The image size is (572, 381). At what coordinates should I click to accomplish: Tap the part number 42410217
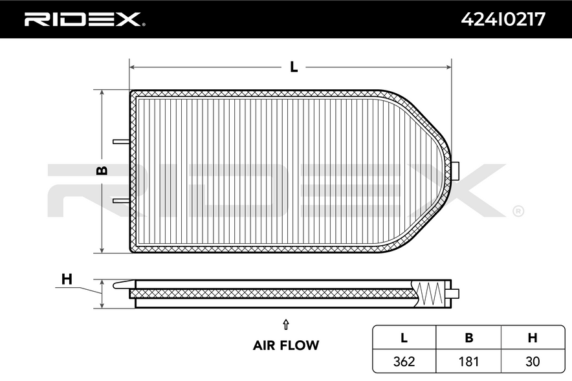(x=503, y=19)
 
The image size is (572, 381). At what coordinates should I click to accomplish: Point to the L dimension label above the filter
(x=294, y=67)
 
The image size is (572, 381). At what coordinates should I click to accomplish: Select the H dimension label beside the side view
(x=67, y=279)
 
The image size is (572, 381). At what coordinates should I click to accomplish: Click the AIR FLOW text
(x=286, y=345)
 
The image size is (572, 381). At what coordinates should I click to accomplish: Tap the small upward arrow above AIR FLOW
(x=286, y=325)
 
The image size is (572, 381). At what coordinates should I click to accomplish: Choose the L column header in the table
(x=404, y=338)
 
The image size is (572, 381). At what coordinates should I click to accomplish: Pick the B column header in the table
(x=468, y=338)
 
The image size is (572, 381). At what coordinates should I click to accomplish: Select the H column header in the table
(x=533, y=338)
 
